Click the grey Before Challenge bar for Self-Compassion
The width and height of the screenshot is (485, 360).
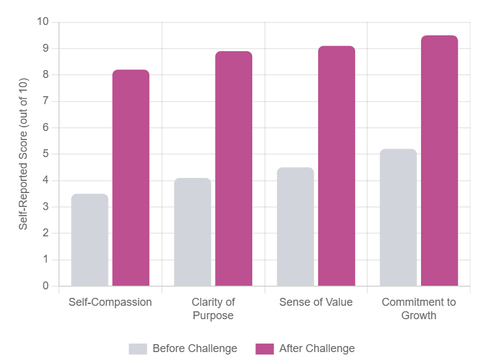(x=90, y=240)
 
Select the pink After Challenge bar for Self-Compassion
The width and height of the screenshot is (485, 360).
(x=131, y=178)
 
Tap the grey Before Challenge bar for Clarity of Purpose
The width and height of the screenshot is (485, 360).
(x=193, y=232)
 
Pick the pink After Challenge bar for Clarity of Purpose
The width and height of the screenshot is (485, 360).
(x=233, y=169)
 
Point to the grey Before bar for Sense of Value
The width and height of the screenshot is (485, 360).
(x=295, y=227)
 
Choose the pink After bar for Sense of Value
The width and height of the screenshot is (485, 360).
(x=336, y=166)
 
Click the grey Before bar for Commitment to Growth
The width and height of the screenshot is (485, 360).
(x=398, y=217)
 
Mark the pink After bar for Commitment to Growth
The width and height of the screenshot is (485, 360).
(x=439, y=161)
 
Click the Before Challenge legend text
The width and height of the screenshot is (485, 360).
(x=194, y=348)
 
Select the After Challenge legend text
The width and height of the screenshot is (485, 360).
(x=317, y=348)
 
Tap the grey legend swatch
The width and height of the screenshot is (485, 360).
(x=138, y=348)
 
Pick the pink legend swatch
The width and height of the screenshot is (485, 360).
(x=264, y=348)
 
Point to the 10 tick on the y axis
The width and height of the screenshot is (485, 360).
(x=43, y=22)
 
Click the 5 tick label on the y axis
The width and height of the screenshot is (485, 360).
(x=46, y=154)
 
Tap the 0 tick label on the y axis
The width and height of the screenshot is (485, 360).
(x=46, y=286)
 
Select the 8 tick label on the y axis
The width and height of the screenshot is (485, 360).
(x=46, y=75)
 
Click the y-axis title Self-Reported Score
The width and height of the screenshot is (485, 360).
(x=23, y=154)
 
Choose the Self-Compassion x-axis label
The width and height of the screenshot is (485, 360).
(x=110, y=302)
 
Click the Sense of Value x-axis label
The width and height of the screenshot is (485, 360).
(x=316, y=302)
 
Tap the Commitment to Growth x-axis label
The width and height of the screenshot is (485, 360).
(x=419, y=309)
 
